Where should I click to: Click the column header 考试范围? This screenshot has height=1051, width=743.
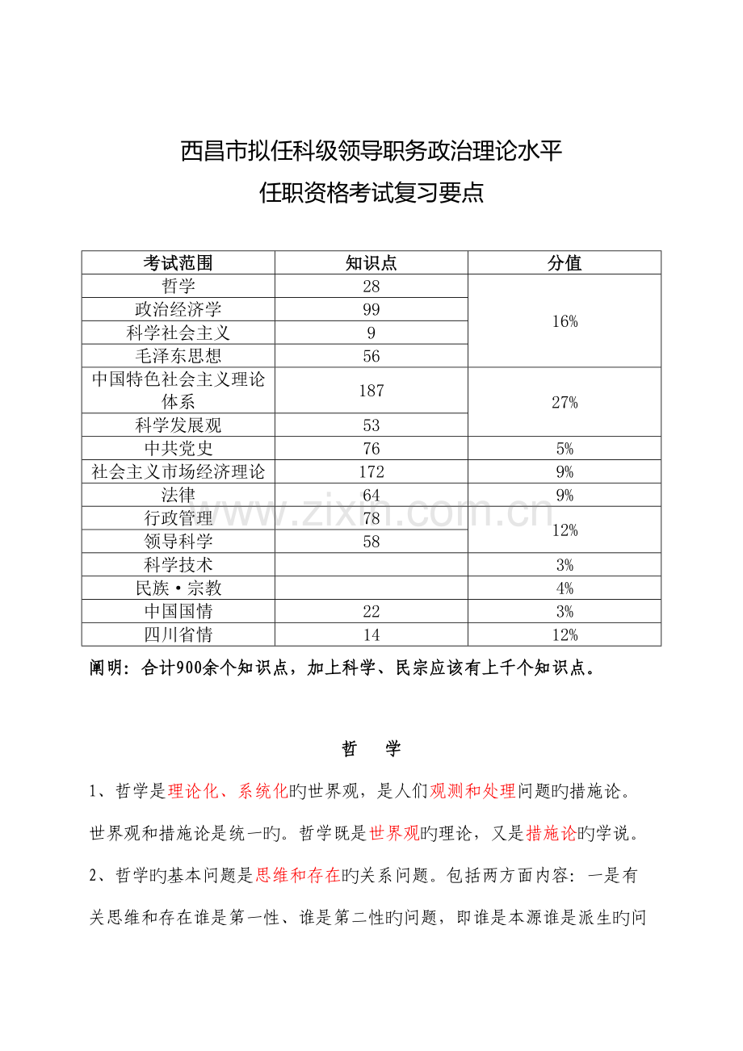click(178, 263)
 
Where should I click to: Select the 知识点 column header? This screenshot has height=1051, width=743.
click(371, 263)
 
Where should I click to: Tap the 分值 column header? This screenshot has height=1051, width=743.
click(565, 263)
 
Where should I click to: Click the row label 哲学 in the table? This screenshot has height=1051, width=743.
click(178, 287)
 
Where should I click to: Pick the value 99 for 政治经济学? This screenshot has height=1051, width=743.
click(371, 310)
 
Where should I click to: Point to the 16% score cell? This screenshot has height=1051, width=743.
click(565, 321)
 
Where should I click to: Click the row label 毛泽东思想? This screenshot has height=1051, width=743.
click(178, 356)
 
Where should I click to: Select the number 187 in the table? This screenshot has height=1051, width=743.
click(371, 391)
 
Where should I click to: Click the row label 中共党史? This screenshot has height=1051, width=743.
click(178, 449)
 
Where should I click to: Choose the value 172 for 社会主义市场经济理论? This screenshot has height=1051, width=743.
click(371, 472)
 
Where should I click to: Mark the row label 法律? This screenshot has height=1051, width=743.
click(178, 495)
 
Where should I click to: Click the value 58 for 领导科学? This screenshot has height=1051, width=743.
click(371, 542)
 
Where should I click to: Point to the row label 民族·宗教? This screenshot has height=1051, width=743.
click(178, 588)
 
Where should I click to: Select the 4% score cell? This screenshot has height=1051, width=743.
click(565, 588)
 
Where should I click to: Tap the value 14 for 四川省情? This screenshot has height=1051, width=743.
click(371, 635)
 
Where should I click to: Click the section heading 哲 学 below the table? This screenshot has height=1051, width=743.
click(371, 749)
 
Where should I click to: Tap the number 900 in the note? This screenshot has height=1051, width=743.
click(193, 668)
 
